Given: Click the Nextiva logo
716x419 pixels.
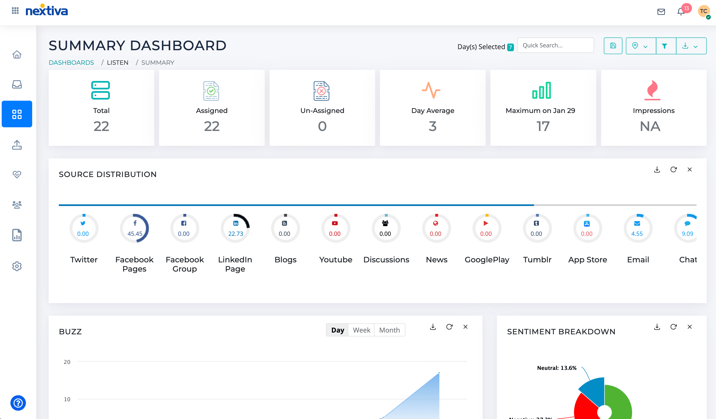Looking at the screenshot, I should click(47, 11).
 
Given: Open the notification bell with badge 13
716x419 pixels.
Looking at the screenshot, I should click(681, 12).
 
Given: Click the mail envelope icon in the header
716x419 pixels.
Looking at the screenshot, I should click(661, 12).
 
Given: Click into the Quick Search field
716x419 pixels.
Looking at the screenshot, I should click(555, 45).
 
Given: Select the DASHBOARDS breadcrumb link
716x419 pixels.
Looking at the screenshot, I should click(71, 63).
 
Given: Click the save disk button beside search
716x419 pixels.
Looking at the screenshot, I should click(613, 46).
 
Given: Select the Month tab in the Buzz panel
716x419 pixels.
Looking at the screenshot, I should click(389, 330).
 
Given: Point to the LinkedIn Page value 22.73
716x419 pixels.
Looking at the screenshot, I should click(235, 234).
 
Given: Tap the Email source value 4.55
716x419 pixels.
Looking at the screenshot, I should click(637, 234).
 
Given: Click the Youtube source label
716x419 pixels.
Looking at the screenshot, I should click(336, 260).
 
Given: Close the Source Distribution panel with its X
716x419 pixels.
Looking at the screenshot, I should click(690, 170).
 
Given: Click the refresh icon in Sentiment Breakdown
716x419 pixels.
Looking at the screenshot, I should click(673, 327).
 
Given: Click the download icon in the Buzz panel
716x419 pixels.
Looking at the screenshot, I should click(433, 327).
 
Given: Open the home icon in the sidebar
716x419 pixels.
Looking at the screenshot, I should click(17, 54).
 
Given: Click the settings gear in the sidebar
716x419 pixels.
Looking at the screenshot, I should click(17, 266).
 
